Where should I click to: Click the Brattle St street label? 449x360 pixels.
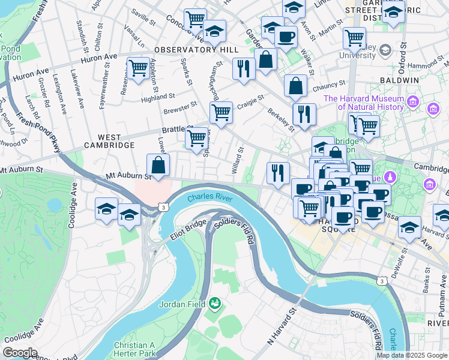coord(175,130)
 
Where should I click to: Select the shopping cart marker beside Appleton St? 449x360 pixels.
coord(139,67)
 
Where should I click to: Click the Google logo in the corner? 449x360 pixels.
coord(20,353)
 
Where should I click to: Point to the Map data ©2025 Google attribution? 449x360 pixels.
coord(412,355)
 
